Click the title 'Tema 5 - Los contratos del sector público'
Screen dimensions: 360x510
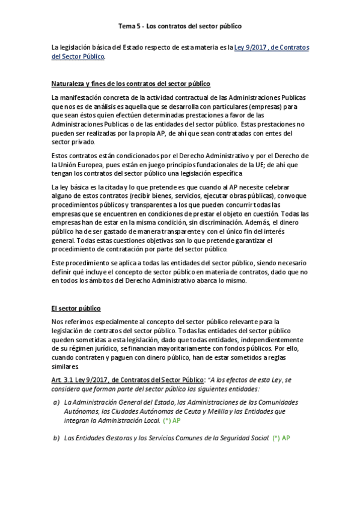[x=180, y=26]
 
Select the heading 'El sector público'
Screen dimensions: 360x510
[x=76, y=309]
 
